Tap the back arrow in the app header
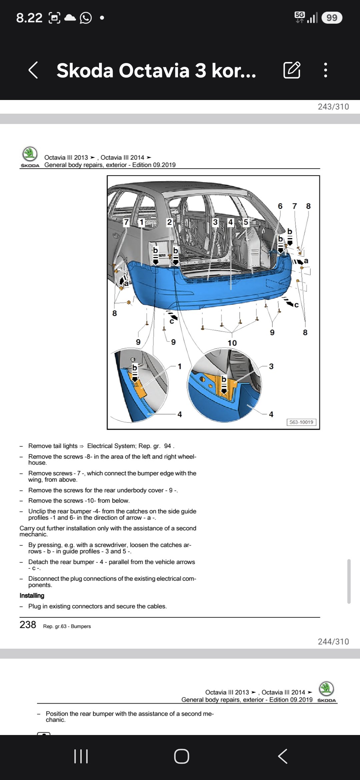(x=33, y=70)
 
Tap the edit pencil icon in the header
(x=292, y=70)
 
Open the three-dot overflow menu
(x=326, y=70)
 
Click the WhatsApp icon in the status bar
(x=86, y=18)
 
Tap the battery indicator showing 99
(x=332, y=18)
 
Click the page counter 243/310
(x=333, y=107)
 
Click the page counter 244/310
(x=333, y=642)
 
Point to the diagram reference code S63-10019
(x=301, y=422)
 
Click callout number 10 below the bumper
(x=232, y=343)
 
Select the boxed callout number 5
(x=246, y=222)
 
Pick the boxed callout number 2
(x=169, y=222)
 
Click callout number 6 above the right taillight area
(x=280, y=206)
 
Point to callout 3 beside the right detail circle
(x=271, y=366)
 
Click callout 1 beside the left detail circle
(x=180, y=366)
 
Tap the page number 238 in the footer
(x=28, y=625)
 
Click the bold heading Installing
(x=32, y=596)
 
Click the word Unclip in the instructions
(x=37, y=511)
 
